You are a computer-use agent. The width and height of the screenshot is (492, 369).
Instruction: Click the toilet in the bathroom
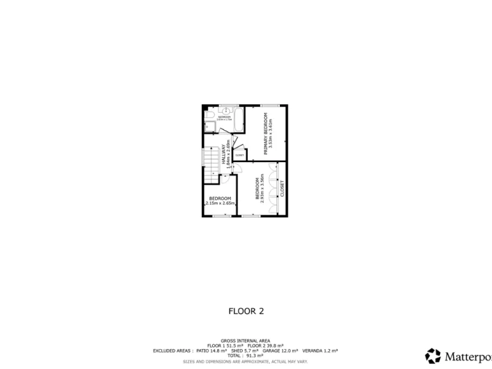tap(210, 115)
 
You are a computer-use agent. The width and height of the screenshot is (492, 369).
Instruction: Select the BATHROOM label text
tap(224, 117)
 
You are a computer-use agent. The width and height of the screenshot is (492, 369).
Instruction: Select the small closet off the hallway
tap(240, 154)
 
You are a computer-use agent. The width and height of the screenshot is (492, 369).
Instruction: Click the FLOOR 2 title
tap(246, 311)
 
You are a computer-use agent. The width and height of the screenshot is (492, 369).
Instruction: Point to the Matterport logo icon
tap(433, 356)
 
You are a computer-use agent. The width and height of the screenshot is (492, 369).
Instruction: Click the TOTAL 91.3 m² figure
tap(246, 356)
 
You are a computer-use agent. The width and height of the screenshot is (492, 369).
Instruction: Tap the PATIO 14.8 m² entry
tap(210, 350)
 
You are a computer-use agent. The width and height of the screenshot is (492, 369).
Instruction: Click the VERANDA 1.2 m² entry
tap(319, 350)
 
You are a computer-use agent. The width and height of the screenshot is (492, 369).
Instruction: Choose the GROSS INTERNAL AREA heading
tap(246, 340)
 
